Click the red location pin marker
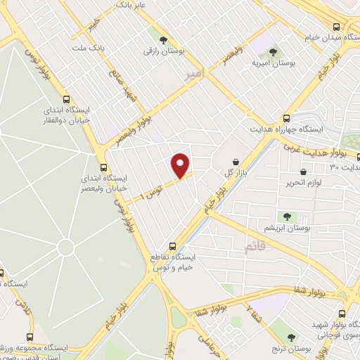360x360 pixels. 181,165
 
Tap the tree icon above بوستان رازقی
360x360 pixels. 164,40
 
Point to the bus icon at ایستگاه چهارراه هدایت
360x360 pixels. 285,119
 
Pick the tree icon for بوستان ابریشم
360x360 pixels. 286,216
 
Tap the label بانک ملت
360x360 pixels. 88,48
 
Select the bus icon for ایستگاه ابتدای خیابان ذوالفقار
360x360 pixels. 67,100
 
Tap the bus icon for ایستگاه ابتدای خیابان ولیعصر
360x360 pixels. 103,167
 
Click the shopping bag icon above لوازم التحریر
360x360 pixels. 303,172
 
